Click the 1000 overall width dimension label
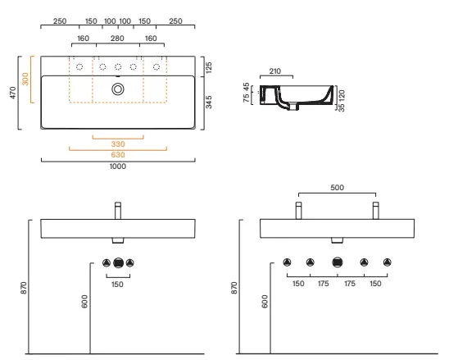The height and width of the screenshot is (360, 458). click(x=118, y=166)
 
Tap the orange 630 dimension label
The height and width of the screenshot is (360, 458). click(x=118, y=155)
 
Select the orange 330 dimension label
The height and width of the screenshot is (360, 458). click(x=118, y=144)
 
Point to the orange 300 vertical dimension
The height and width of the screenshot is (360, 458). click(x=25, y=80)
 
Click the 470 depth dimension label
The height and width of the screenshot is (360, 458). click(x=13, y=93)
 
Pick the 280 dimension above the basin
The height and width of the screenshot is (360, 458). click(x=117, y=39)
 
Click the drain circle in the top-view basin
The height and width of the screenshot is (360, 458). click(x=118, y=89)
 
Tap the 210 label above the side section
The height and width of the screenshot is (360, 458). click(x=274, y=71)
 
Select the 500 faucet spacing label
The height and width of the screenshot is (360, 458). click(x=337, y=188)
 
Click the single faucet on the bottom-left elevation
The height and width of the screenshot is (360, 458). click(x=118, y=211)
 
